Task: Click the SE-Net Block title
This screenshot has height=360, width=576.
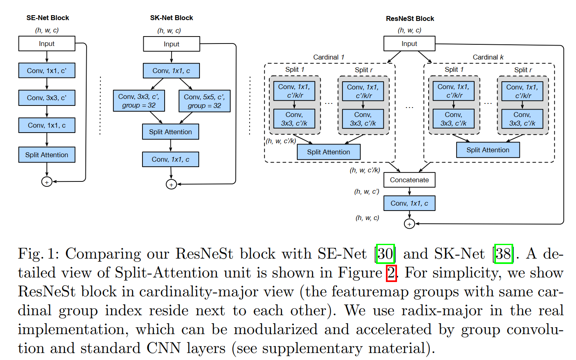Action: [x=48, y=18]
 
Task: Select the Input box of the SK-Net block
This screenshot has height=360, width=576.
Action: [x=171, y=44]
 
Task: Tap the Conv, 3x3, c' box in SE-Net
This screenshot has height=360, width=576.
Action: [x=47, y=98]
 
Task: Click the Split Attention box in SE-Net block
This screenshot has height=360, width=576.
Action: [x=47, y=155]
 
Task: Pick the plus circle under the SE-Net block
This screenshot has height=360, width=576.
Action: [x=47, y=182]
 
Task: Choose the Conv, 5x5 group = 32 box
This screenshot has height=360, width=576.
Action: [x=204, y=101]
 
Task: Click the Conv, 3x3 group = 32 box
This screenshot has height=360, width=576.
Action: [x=139, y=101]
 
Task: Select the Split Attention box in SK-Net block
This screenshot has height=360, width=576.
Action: [x=170, y=132]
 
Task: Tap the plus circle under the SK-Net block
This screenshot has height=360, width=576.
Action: [x=171, y=184]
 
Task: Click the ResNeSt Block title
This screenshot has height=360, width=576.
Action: [x=410, y=18]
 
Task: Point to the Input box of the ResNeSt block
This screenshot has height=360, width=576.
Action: [x=409, y=44]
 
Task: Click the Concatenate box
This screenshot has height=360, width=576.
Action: [x=409, y=180]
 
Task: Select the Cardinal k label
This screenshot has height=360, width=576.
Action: [x=488, y=57]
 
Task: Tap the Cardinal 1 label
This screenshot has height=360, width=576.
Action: [x=328, y=57]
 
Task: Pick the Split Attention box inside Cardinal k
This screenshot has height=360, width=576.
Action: [x=488, y=150]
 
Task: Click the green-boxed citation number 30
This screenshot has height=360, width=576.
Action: [x=385, y=254]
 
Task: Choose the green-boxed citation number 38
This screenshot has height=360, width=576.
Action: [x=503, y=254]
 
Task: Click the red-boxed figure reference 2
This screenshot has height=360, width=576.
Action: [x=391, y=273]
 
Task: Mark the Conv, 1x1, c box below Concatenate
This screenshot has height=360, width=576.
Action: [x=409, y=203]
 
